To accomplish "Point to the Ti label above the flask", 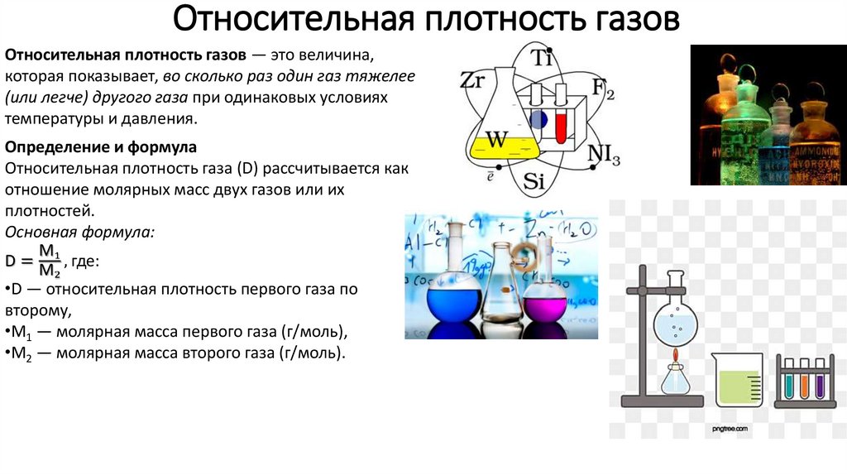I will click(x=540, y=57).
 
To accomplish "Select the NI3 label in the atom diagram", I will click(x=604, y=155).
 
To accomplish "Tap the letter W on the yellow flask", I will click(x=495, y=140).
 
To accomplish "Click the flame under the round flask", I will click(x=674, y=357).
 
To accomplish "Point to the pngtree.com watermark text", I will click(x=730, y=429).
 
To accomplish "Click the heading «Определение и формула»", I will click(x=101, y=147).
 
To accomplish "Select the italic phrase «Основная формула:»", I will click(x=79, y=232).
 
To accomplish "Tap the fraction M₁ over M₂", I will click(x=50, y=261).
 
